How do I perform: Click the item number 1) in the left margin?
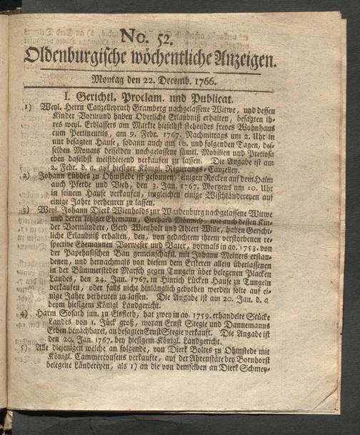pyautogui.click(x=25, y=109)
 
